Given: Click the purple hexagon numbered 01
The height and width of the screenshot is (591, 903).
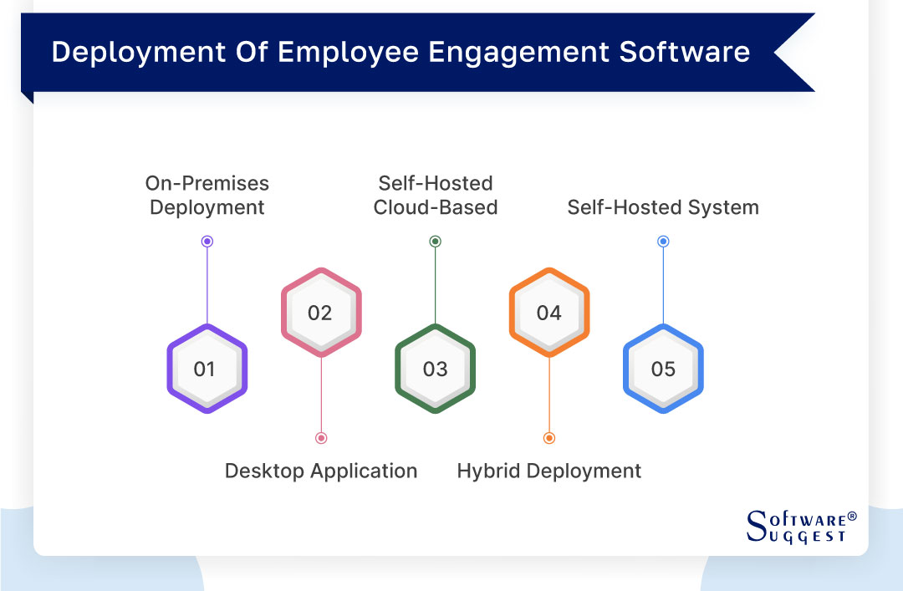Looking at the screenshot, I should point(207,369).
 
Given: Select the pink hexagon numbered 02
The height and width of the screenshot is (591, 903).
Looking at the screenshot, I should point(321,313).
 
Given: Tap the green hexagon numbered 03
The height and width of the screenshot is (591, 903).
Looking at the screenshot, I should point(435,369).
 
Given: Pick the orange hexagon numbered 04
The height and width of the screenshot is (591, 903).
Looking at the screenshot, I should point(549,313).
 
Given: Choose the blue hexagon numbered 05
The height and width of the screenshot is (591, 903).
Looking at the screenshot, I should point(663,369).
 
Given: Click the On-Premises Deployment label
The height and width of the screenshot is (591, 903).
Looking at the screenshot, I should point(207,195).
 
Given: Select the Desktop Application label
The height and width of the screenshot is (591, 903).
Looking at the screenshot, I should point(321,471).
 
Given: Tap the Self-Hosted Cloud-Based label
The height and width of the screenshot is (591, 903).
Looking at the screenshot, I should point(436,195).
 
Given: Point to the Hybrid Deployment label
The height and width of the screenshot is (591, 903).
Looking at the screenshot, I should point(549,471).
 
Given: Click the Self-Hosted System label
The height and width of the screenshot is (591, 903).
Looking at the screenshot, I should point(663,207).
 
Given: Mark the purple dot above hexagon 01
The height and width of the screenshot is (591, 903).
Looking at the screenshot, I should point(207,242).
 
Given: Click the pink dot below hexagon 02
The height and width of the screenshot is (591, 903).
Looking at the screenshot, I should point(321,438).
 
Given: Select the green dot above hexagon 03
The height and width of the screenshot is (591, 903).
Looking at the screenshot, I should point(435,242).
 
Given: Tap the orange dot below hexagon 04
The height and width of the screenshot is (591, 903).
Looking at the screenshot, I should point(549,438).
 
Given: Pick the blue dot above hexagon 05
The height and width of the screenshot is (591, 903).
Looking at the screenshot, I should point(663,242).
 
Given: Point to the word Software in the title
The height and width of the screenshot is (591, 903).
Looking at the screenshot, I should point(684,52).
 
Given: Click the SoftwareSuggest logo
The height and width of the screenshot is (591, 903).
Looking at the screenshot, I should point(801,527).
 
